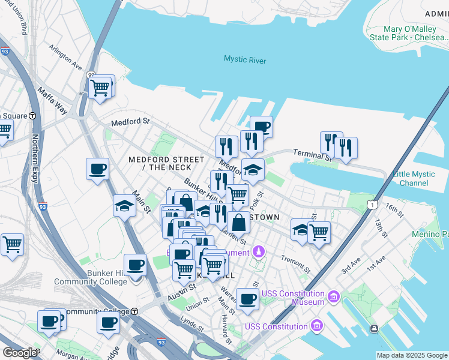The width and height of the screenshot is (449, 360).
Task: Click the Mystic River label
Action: (244, 59)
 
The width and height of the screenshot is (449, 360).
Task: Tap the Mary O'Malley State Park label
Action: (415, 34)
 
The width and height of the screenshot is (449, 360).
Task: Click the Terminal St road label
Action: (311, 155)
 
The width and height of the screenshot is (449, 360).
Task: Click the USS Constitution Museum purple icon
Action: (334, 296)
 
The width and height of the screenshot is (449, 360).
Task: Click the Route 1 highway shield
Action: (373, 205)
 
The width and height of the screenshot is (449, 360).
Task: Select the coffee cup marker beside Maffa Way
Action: (97, 169)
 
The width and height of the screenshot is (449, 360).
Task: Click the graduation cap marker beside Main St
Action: (124, 206)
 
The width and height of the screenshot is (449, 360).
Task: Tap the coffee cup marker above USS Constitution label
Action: (247, 299)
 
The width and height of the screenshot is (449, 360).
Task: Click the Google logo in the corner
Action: (19, 352)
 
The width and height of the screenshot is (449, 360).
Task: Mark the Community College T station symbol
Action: (135, 311)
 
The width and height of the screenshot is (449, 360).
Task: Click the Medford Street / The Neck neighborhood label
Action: (166, 163)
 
